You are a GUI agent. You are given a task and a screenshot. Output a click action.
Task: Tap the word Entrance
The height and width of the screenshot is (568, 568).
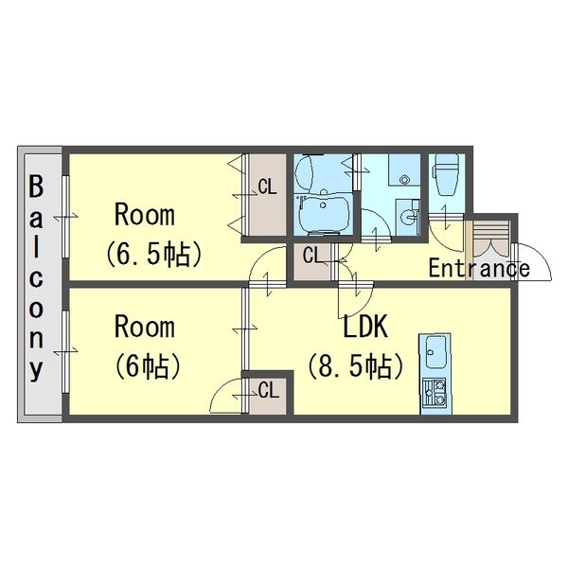click(479, 269)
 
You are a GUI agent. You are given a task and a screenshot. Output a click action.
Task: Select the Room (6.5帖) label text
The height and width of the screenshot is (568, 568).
click(153, 236)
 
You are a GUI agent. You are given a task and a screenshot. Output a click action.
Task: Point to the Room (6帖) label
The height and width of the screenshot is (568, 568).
click(148, 347)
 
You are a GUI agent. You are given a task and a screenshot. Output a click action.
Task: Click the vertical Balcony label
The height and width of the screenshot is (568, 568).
click(36, 278)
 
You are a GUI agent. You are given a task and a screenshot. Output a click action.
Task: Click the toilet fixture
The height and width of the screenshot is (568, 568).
click(446, 174)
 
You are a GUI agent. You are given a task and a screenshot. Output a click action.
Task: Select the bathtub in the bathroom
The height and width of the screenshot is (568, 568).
click(323, 215)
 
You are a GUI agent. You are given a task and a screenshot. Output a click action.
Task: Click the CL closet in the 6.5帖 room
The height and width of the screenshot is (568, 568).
click(267, 195)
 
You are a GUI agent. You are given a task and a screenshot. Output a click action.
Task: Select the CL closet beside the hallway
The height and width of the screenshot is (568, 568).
click(312, 261)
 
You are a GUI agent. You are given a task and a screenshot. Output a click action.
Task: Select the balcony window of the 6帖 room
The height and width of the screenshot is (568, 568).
click(65, 351)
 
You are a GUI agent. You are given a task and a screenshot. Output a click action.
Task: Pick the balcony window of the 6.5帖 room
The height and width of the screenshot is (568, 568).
click(65, 217)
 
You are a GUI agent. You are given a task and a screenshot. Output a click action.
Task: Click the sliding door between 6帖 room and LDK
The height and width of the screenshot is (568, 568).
click(245, 328)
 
